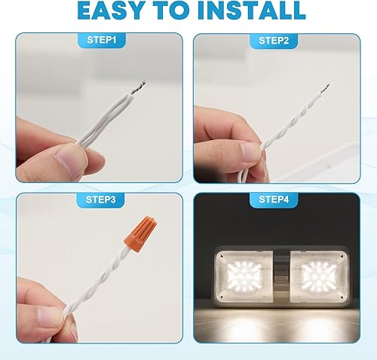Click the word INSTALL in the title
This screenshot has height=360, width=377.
pos(252,11)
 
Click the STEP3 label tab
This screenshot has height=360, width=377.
pos(100,200)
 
